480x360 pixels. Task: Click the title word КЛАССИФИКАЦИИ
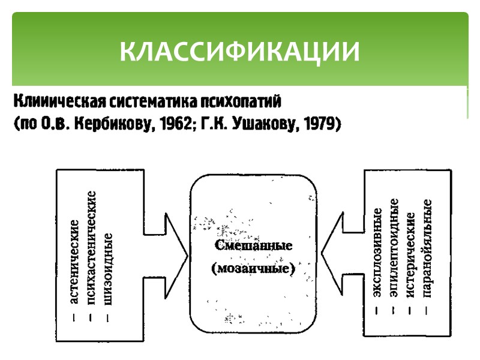tap(240, 52)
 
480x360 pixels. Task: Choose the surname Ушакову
tap(263, 125)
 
